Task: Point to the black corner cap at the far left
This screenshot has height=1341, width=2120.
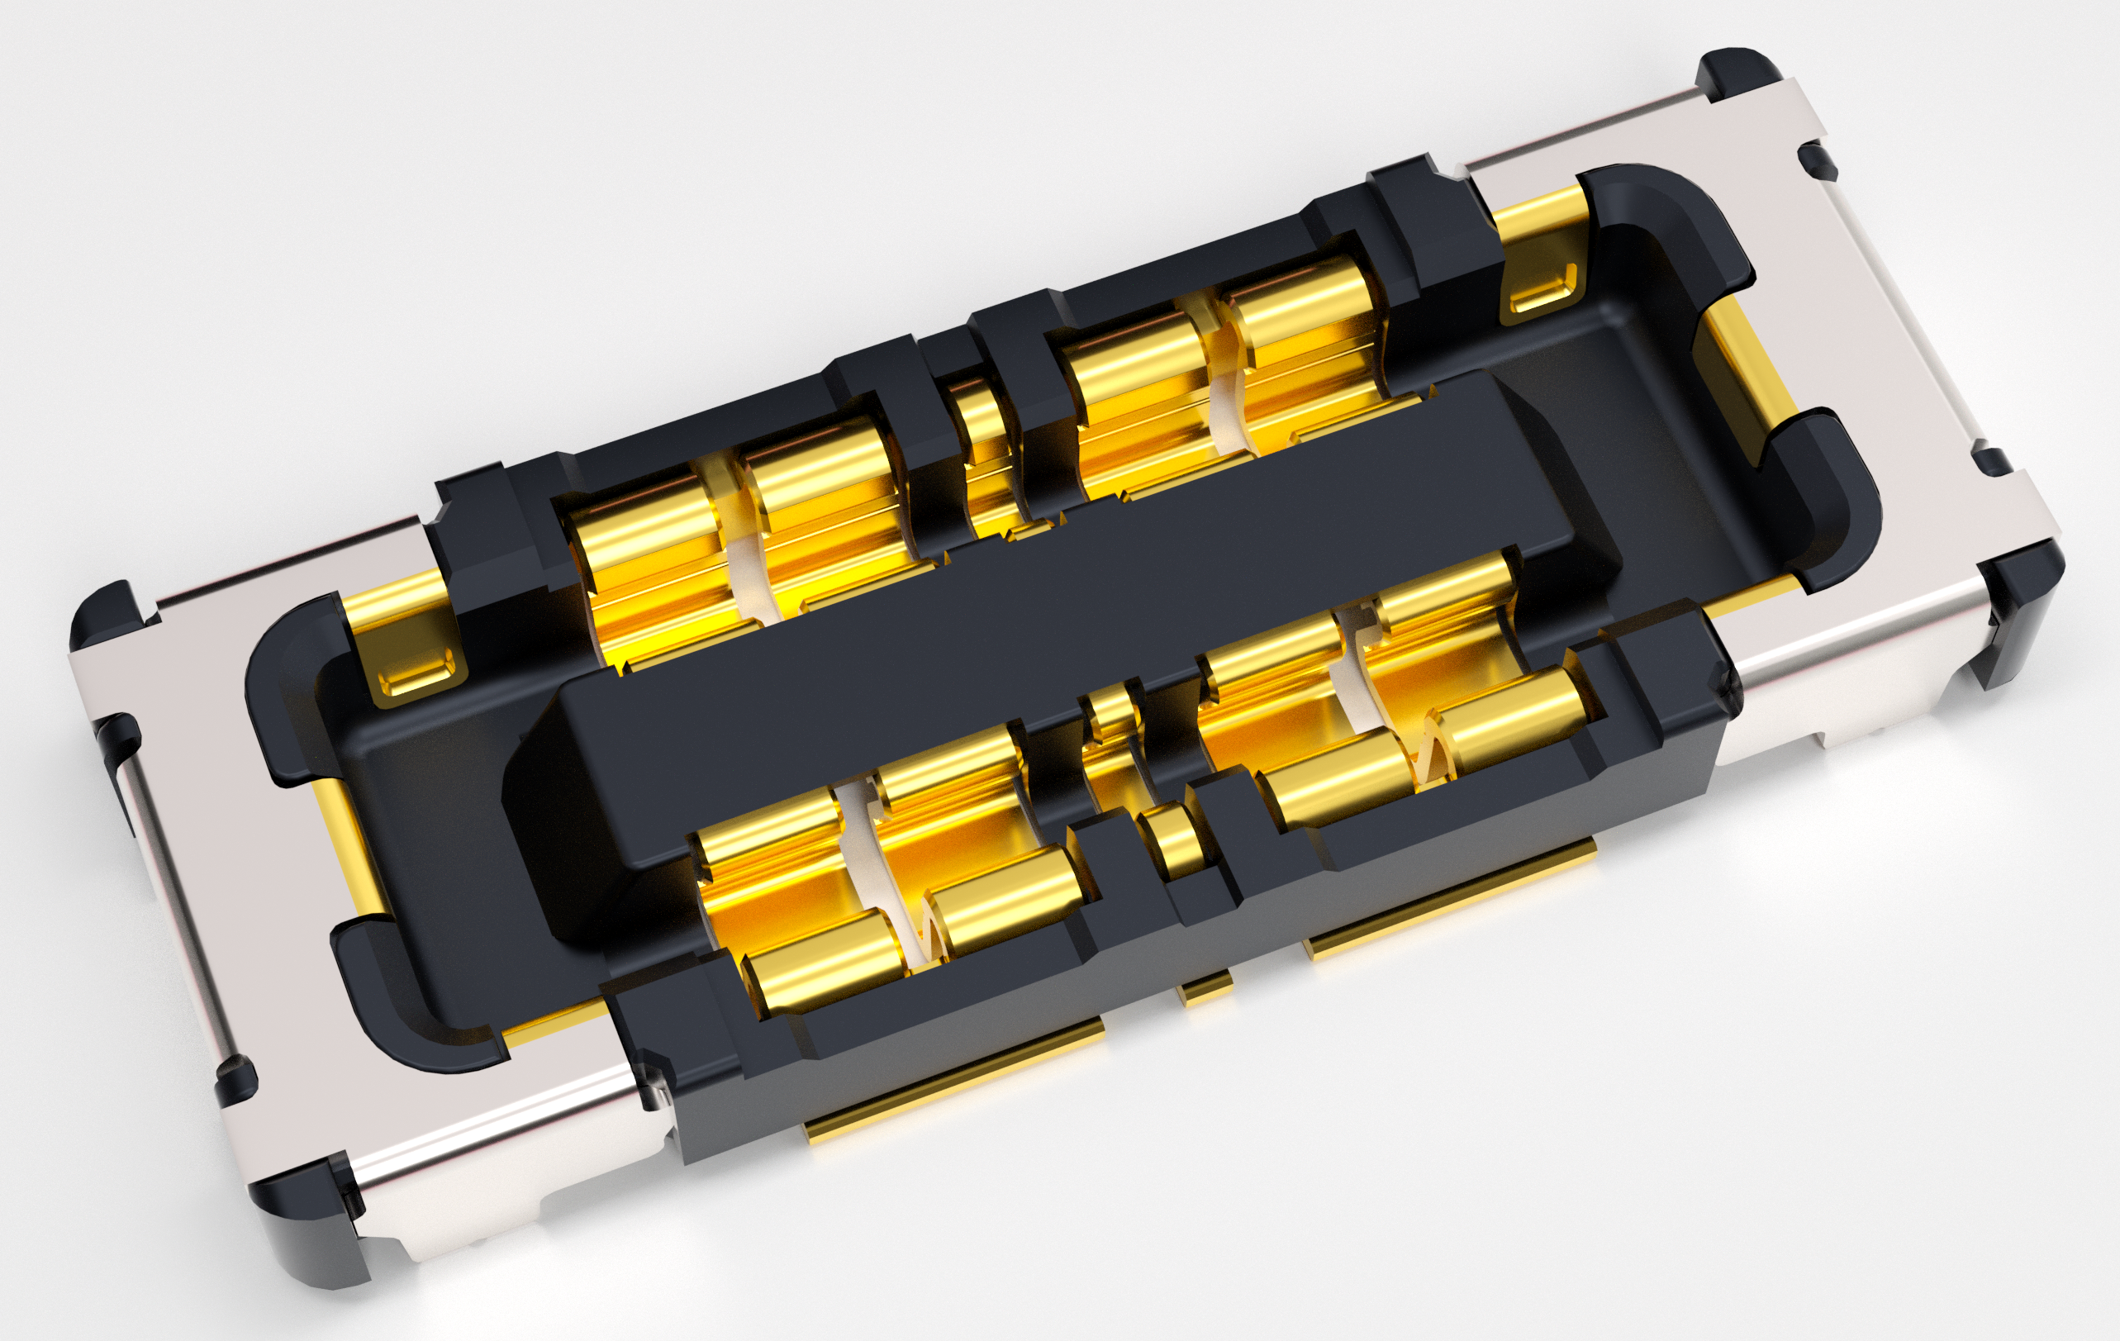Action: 106,616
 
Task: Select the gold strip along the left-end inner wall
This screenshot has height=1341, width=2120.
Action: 344,845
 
